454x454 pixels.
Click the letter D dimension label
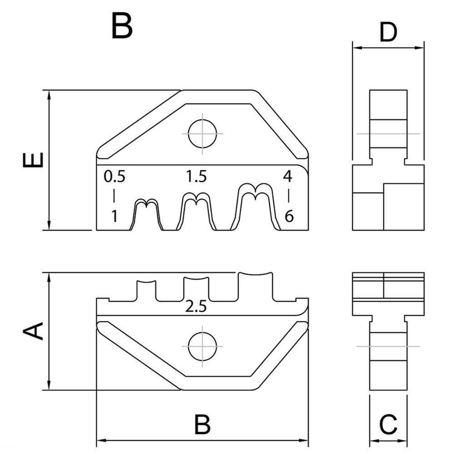(x=388, y=32)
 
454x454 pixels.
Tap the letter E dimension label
(x=34, y=159)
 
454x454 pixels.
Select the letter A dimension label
(x=34, y=331)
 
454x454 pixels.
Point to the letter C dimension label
(x=388, y=424)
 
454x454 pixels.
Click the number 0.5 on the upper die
(x=114, y=176)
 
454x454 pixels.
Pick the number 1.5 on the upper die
(x=196, y=176)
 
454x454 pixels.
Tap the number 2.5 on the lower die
(x=196, y=307)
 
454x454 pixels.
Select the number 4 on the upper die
(x=288, y=176)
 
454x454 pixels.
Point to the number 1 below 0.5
(x=114, y=217)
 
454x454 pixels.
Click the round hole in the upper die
(x=202, y=133)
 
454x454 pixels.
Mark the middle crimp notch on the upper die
(x=196, y=212)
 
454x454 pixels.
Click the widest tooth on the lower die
(x=256, y=286)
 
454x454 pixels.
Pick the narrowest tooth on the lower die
(x=146, y=291)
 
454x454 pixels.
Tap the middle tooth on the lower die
(x=196, y=288)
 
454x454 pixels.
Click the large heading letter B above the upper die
(x=122, y=26)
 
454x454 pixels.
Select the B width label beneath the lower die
(x=202, y=424)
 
